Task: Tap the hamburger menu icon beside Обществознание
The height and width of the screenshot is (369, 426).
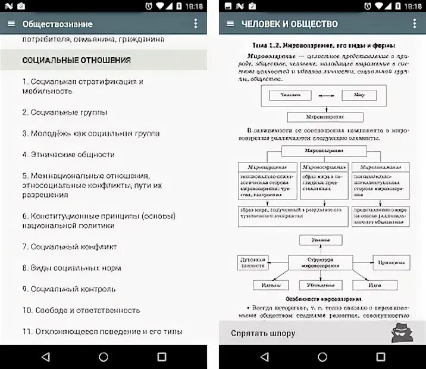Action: (11, 24)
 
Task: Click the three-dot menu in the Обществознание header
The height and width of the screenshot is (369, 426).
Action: (196, 24)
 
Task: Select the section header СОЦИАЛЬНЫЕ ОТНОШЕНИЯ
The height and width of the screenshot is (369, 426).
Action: (76, 60)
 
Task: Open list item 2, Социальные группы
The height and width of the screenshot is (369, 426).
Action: (65, 112)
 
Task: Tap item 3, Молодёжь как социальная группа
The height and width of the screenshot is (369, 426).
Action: (90, 133)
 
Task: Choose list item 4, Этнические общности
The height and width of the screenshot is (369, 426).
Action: (68, 154)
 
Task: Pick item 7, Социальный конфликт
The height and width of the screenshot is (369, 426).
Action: (70, 246)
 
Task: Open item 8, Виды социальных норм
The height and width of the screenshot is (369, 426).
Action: (71, 268)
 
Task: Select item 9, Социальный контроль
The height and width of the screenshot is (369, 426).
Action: (68, 289)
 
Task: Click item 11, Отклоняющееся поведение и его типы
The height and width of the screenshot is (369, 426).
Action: (102, 332)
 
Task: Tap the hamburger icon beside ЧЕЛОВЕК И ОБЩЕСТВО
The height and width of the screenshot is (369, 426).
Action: (230, 24)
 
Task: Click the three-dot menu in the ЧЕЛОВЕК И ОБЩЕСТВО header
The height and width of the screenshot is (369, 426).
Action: (415, 24)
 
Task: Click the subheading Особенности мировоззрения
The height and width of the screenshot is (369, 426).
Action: (322, 298)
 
